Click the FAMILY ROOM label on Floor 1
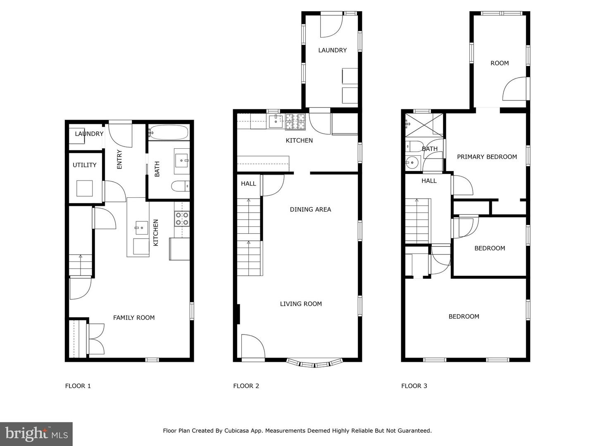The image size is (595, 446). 134,318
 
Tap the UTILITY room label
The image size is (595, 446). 85,165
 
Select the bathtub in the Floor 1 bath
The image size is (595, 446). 169,133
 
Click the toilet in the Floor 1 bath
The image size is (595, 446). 181,186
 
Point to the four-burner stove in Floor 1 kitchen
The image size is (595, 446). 182,218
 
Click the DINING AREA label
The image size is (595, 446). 310,209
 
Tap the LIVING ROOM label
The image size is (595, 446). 301,304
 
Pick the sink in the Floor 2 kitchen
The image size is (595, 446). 276,121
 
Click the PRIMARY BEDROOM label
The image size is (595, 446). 487,157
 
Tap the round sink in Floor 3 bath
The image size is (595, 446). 412,162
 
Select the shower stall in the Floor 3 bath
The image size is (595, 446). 424,124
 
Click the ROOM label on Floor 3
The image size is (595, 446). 500,63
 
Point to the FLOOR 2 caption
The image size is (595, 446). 246,386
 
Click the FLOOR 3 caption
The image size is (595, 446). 414,386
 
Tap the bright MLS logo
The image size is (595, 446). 36,434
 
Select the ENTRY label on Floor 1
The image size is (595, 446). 119,159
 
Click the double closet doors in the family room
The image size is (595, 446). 96,339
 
